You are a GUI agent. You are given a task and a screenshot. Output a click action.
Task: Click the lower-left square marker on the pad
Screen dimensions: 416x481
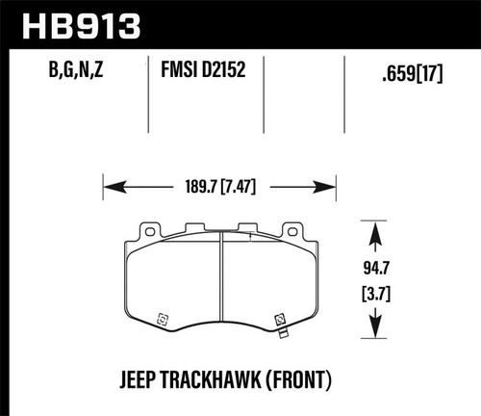pos(162,316)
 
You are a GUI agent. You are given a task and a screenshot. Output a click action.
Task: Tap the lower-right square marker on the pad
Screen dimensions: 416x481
pos(280,317)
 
